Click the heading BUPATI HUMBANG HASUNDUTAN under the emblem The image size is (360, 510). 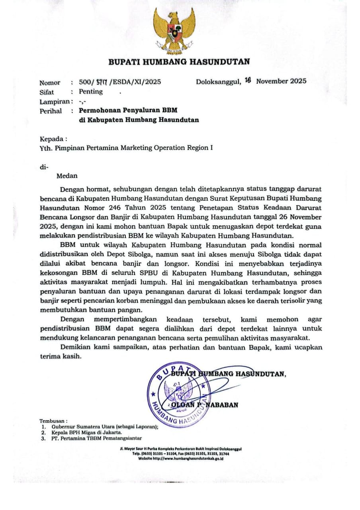[180, 62]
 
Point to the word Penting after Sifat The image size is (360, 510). [90, 92]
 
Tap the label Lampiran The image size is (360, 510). [51, 102]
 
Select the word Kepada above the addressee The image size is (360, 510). [51, 139]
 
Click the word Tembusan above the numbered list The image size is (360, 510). [53, 420]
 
